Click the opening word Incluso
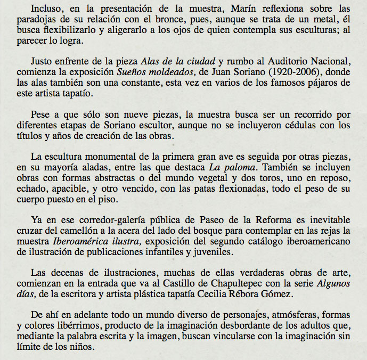point(46,9)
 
